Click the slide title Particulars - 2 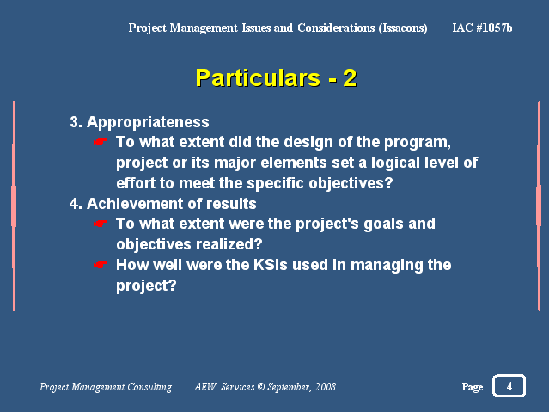click(x=276, y=78)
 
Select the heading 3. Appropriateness click(x=139, y=122)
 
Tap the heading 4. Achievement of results click(x=162, y=203)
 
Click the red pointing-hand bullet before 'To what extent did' click(x=101, y=142)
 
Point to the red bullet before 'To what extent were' click(x=101, y=224)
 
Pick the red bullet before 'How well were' click(x=101, y=265)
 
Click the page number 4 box click(x=509, y=385)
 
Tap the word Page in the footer click(x=473, y=387)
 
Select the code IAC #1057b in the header click(x=482, y=28)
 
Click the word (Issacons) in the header click(x=403, y=28)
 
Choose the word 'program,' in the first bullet click(x=418, y=143)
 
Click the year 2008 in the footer click(x=326, y=387)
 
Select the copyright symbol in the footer click(x=261, y=387)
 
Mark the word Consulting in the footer click(x=149, y=387)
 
